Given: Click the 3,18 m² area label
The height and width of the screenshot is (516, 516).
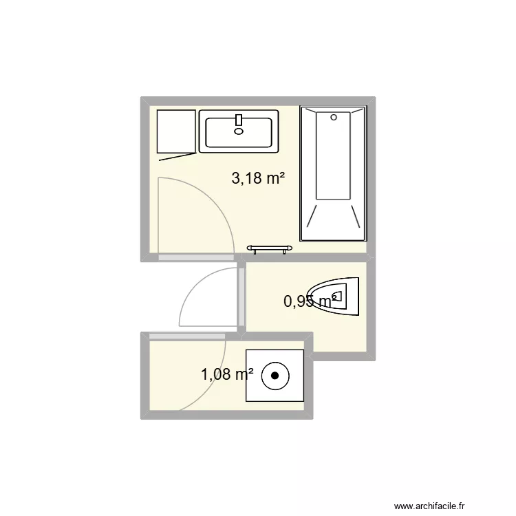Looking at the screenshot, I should (258, 179).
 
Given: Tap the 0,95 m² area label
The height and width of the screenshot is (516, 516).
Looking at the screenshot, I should (310, 300).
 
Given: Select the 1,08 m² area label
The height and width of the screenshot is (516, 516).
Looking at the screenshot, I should (227, 374).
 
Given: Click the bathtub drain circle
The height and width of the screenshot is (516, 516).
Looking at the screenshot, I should (334, 117).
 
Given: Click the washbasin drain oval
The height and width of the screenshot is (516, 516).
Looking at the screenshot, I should (239, 131).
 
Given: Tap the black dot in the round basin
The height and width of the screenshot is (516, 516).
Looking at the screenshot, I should (275, 376).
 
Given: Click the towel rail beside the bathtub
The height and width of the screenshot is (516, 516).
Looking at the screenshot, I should (268, 248).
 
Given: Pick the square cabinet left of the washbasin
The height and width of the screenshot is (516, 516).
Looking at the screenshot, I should (175, 131).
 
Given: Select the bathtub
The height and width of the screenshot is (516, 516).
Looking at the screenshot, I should (334, 173).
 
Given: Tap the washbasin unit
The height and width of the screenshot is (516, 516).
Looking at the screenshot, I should (239, 131).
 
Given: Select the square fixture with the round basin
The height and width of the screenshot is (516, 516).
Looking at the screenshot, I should (275, 375).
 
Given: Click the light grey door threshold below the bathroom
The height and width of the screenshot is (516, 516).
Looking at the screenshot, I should (196, 258).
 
